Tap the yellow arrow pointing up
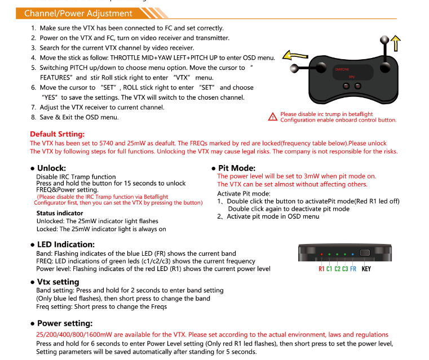click(396, 45)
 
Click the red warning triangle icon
click(273, 117)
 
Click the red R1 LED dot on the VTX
click(321, 255)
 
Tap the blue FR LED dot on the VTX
click(352, 255)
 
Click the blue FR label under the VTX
click(353, 269)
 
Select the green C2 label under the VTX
click(337, 269)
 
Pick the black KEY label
click(366, 269)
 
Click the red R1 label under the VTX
click(321, 269)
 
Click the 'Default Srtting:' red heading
click(57, 134)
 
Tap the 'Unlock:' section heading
click(51, 168)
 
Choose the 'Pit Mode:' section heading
click(237, 168)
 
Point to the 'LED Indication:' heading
click(65, 245)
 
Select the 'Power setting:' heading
click(64, 323)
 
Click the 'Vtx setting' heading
click(58, 282)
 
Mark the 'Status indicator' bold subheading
click(60, 213)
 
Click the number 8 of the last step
click(33, 117)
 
